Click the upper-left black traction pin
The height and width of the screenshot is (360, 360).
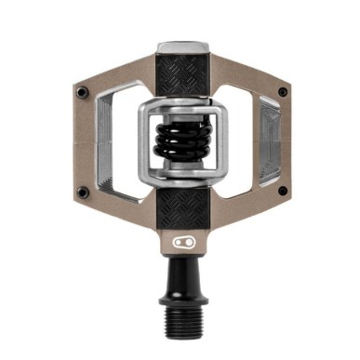coord(83,91)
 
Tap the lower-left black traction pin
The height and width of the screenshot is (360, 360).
coord(83,192)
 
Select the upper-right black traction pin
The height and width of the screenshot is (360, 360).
coord(283,91)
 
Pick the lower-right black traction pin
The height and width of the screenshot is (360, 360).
coord(282,192)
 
